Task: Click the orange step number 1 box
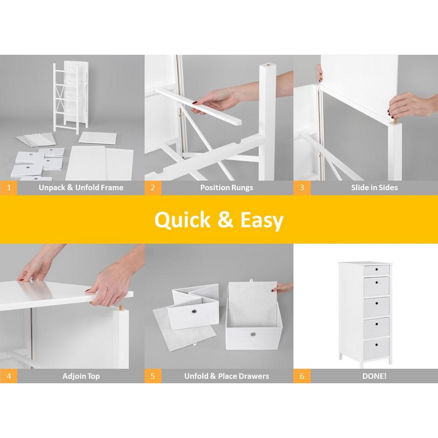9,188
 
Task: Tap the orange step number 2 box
153,188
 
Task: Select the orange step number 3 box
302,188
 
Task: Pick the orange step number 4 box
9,376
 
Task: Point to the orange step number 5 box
153,376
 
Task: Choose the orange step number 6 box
302,376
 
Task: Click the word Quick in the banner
182,220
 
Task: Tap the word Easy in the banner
262,221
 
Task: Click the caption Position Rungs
226,188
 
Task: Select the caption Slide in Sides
374,188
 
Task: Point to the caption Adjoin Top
81,376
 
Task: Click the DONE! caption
374,376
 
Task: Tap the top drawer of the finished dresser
376,270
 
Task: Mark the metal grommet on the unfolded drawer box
253,335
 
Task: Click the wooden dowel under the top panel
121,308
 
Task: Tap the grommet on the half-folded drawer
194,311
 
